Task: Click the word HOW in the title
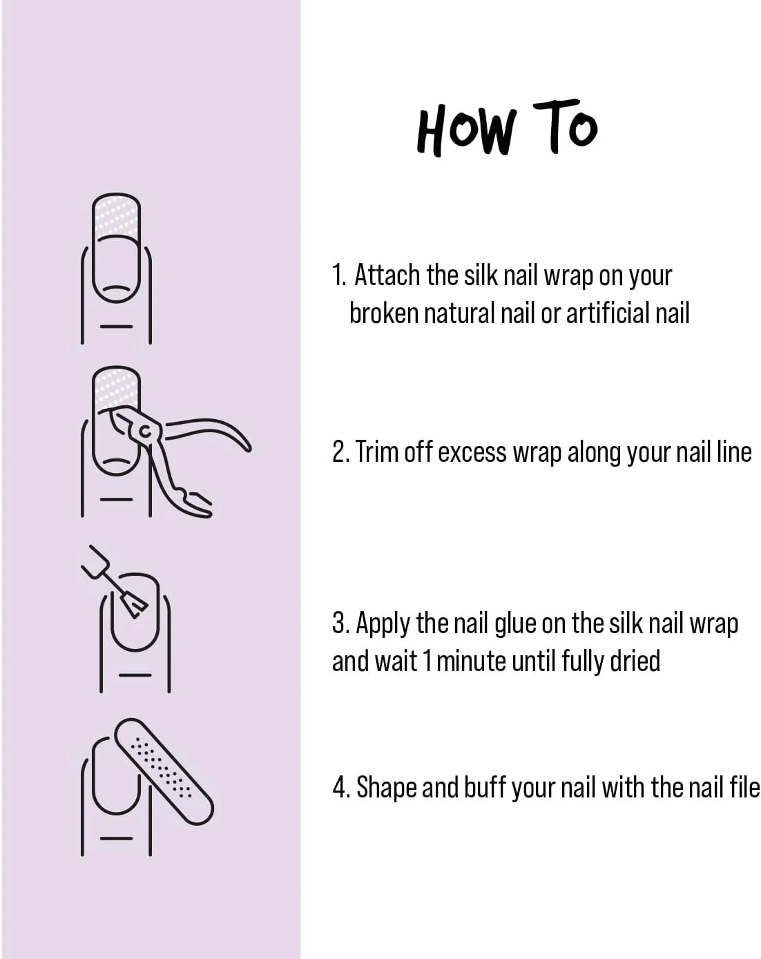[466, 130]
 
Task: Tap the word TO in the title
[565, 126]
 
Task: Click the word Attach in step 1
[387, 275]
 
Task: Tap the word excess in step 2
[472, 453]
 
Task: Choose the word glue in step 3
[515, 624]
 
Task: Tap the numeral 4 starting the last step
[339, 788]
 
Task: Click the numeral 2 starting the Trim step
[339, 452]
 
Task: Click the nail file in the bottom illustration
[164, 771]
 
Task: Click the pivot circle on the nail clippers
[145, 431]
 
